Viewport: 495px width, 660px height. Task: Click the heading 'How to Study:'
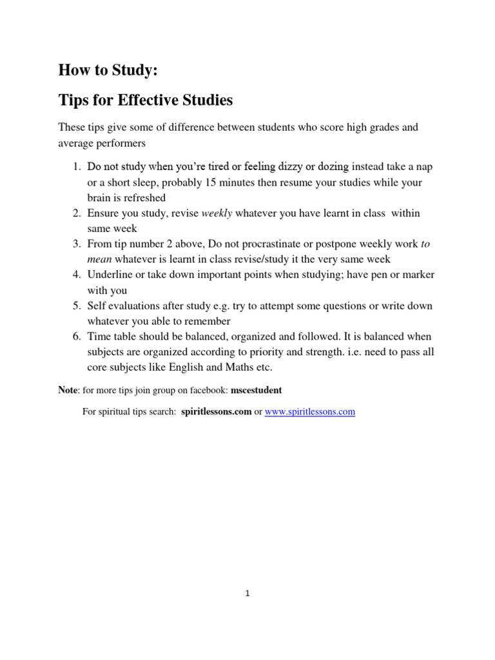point(108,70)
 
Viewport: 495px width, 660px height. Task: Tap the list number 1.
point(75,167)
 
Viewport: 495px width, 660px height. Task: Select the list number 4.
point(75,275)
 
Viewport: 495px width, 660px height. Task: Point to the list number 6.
point(75,336)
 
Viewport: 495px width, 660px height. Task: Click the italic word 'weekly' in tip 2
point(217,213)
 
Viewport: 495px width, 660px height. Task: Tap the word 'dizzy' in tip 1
point(289,167)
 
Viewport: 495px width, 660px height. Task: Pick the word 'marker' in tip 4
point(419,275)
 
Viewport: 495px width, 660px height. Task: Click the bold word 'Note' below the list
point(68,391)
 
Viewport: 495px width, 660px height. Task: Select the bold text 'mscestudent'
point(257,391)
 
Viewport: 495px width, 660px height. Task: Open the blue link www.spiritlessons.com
point(310,411)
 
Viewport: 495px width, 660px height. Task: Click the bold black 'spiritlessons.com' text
point(216,411)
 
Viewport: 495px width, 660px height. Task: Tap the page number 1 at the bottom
point(247,594)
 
